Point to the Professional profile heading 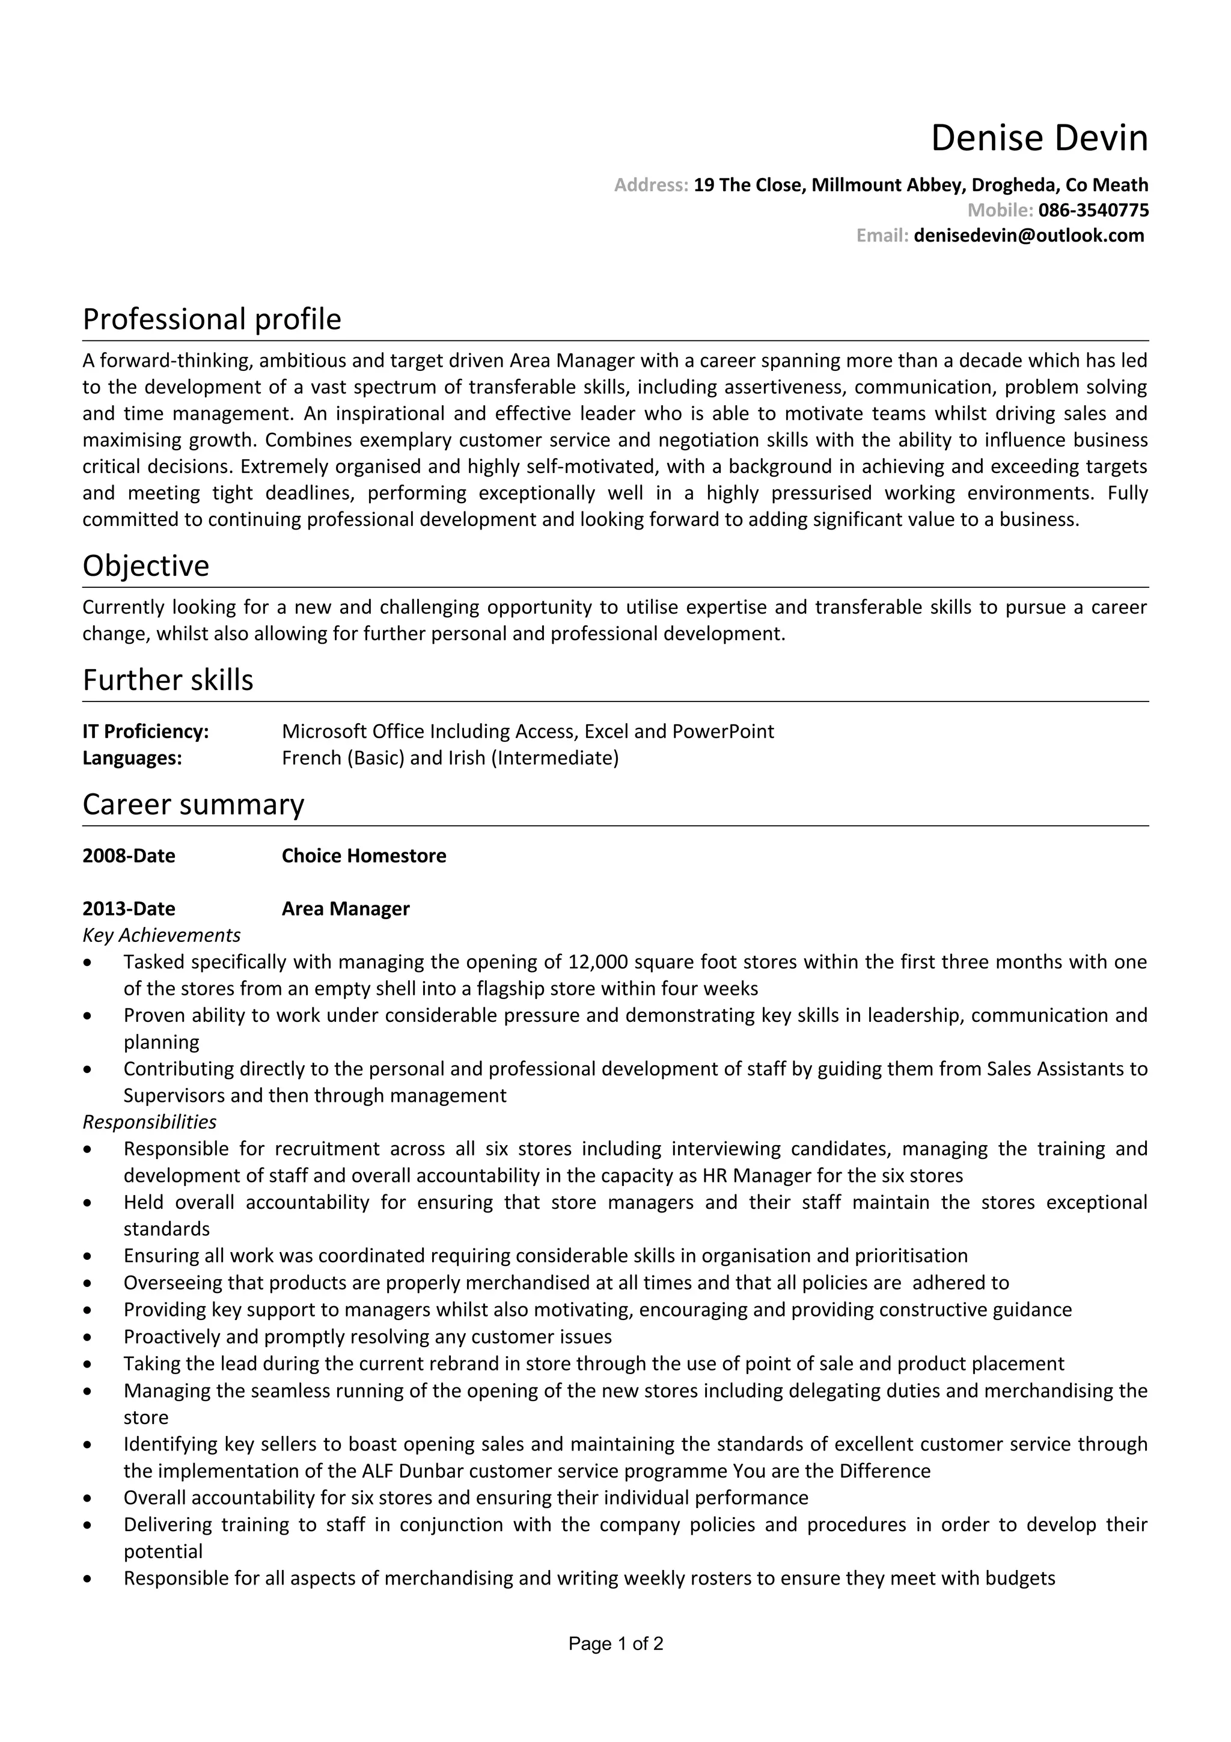point(212,319)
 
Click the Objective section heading point(145,566)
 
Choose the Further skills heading point(168,680)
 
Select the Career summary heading point(193,804)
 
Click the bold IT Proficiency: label point(145,732)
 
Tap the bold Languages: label point(132,758)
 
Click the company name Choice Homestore point(364,856)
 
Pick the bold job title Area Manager point(345,909)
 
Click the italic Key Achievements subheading point(162,935)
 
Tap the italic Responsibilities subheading point(150,1122)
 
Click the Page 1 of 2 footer point(616,1644)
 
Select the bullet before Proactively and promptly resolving point(89,1337)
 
